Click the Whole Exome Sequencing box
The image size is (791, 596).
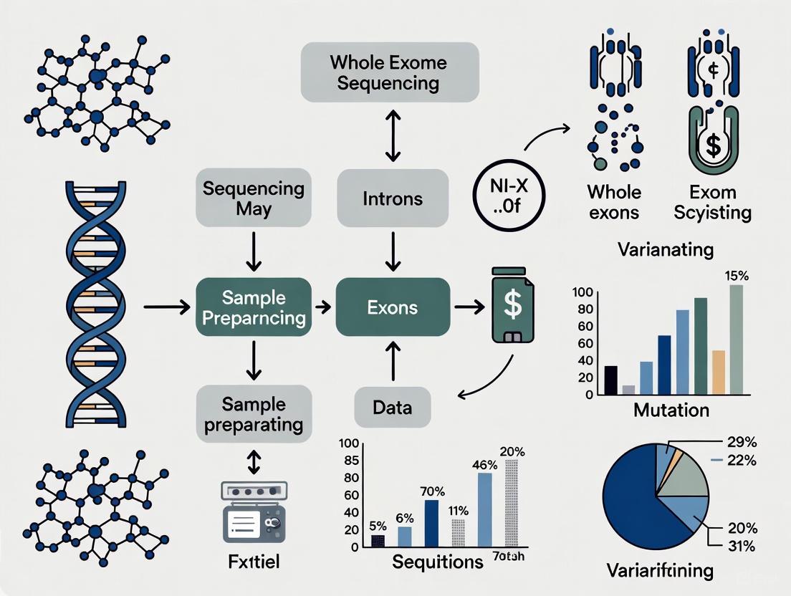click(x=388, y=72)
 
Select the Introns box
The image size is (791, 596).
click(x=393, y=198)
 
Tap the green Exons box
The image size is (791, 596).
click(x=393, y=307)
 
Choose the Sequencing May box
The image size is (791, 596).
click(x=254, y=198)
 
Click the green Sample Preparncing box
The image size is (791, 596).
click(x=254, y=308)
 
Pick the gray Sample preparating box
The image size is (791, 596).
click(x=254, y=413)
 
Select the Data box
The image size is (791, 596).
click(x=393, y=408)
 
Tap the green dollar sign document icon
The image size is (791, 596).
click(x=513, y=304)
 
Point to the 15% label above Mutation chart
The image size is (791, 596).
click(x=737, y=274)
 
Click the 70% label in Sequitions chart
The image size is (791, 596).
click(x=433, y=491)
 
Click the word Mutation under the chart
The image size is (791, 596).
click(x=671, y=410)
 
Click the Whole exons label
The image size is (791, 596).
click(x=614, y=202)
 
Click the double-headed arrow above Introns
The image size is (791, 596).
click(x=391, y=135)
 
